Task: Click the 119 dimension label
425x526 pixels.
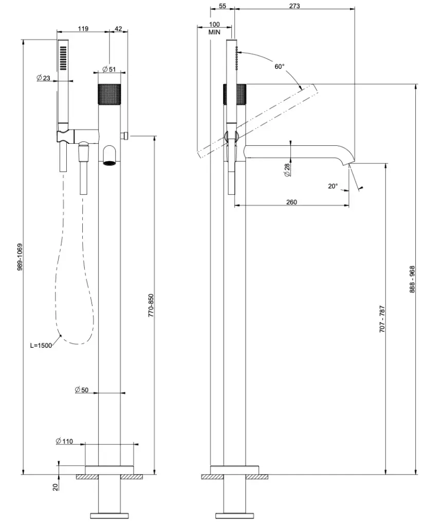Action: click(83, 29)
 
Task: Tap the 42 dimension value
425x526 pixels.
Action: click(118, 29)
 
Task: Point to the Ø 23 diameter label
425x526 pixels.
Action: click(43, 78)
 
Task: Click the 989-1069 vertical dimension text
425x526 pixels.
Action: click(20, 257)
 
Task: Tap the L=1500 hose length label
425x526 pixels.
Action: click(41, 345)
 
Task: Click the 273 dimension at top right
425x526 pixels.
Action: click(294, 6)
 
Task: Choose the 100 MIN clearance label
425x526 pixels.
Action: click(215, 28)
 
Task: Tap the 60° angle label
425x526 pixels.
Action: click(279, 67)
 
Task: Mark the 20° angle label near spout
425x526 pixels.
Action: click(333, 186)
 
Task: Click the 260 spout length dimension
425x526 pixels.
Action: click(291, 202)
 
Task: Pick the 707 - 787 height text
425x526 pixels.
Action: click(382, 318)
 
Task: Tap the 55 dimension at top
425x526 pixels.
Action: click(222, 6)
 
